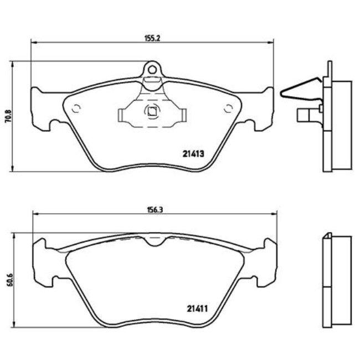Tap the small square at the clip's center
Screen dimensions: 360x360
[x=151, y=111]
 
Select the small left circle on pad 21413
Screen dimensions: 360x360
[x=76, y=108]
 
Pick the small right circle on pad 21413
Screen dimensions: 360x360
[x=228, y=109]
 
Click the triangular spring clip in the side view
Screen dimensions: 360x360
[x=299, y=89]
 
